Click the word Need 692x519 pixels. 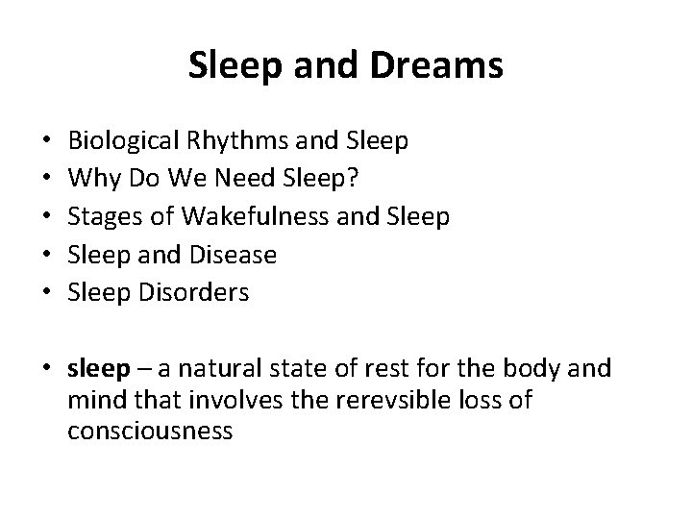(x=220, y=180)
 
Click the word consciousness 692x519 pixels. (x=151, y=431)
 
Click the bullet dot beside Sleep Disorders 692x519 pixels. (x=47, y=293)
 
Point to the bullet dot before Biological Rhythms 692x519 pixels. (x=47, y=143)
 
